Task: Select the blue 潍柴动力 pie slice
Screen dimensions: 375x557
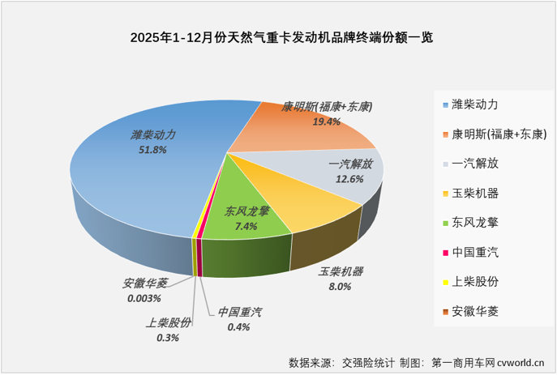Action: tap(138, 178)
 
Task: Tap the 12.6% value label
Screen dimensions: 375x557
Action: tap(349, 179)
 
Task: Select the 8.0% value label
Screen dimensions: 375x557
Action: tap(339, 286)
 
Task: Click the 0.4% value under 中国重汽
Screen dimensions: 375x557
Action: tap(238, 326)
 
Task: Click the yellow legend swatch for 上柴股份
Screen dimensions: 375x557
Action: tap(445, 283)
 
